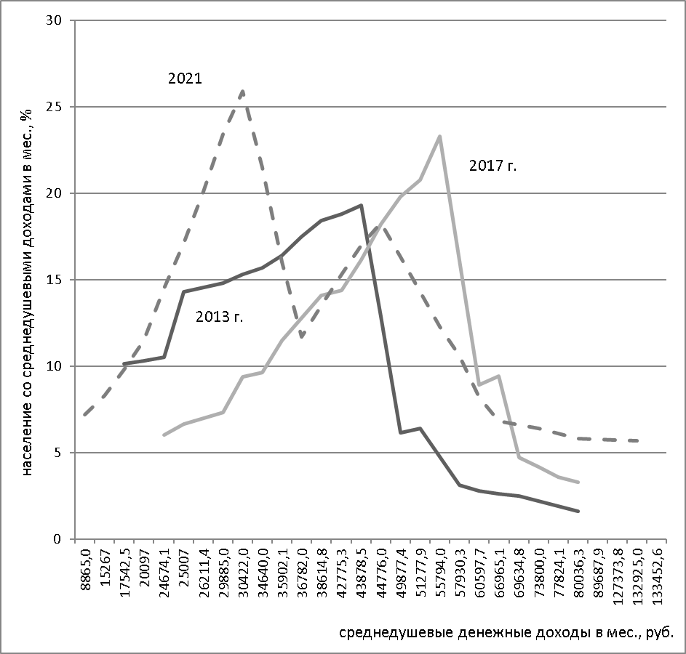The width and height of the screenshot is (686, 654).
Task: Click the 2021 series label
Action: coord(185,78)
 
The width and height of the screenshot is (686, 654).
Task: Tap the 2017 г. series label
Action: coord(492,166)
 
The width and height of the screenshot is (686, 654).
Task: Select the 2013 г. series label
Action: coord(219,317)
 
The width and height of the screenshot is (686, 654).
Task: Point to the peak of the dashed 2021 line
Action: coord(242,91)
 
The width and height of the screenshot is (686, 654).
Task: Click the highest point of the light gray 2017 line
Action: coord(439,136)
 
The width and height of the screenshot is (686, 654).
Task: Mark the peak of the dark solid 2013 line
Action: coord(361,205)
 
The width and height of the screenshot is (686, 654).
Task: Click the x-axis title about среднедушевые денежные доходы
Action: coord(506,631)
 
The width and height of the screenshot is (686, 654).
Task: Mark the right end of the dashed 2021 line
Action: coord(638,440)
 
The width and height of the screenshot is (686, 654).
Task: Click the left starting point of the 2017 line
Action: coord(164,435)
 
